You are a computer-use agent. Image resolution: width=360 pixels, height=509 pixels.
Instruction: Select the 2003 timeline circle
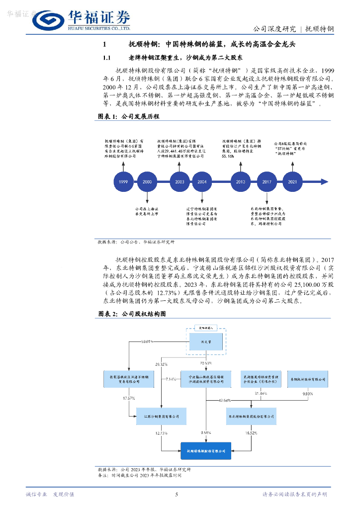pyautogui.click(x=180, y=182)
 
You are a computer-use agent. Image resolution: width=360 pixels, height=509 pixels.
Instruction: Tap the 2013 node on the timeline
pyautogui.click(x=241, y=182)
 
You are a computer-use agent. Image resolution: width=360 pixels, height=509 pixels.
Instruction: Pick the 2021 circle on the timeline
pyautogui.click(x=292, y=182)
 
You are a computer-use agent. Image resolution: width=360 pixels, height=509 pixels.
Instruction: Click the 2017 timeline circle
pyautogui.click(x=267, y=182)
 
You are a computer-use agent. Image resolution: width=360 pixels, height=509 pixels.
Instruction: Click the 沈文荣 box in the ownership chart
pyautogui.click(x=205, y=341)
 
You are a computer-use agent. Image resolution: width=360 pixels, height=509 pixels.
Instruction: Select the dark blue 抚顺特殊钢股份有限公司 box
pyautogui.click(x=205, y=451)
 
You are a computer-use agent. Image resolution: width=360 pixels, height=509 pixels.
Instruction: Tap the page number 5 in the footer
pyautogui.click(x=177, y=494)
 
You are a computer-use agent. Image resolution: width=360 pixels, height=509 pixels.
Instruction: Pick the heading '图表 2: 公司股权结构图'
pyautogui.click(x=131, y=314)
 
